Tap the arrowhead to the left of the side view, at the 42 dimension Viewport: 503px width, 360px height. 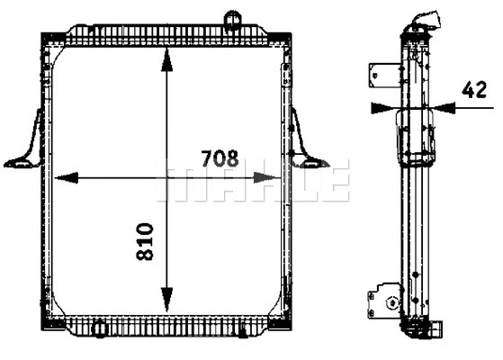[382, 107]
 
